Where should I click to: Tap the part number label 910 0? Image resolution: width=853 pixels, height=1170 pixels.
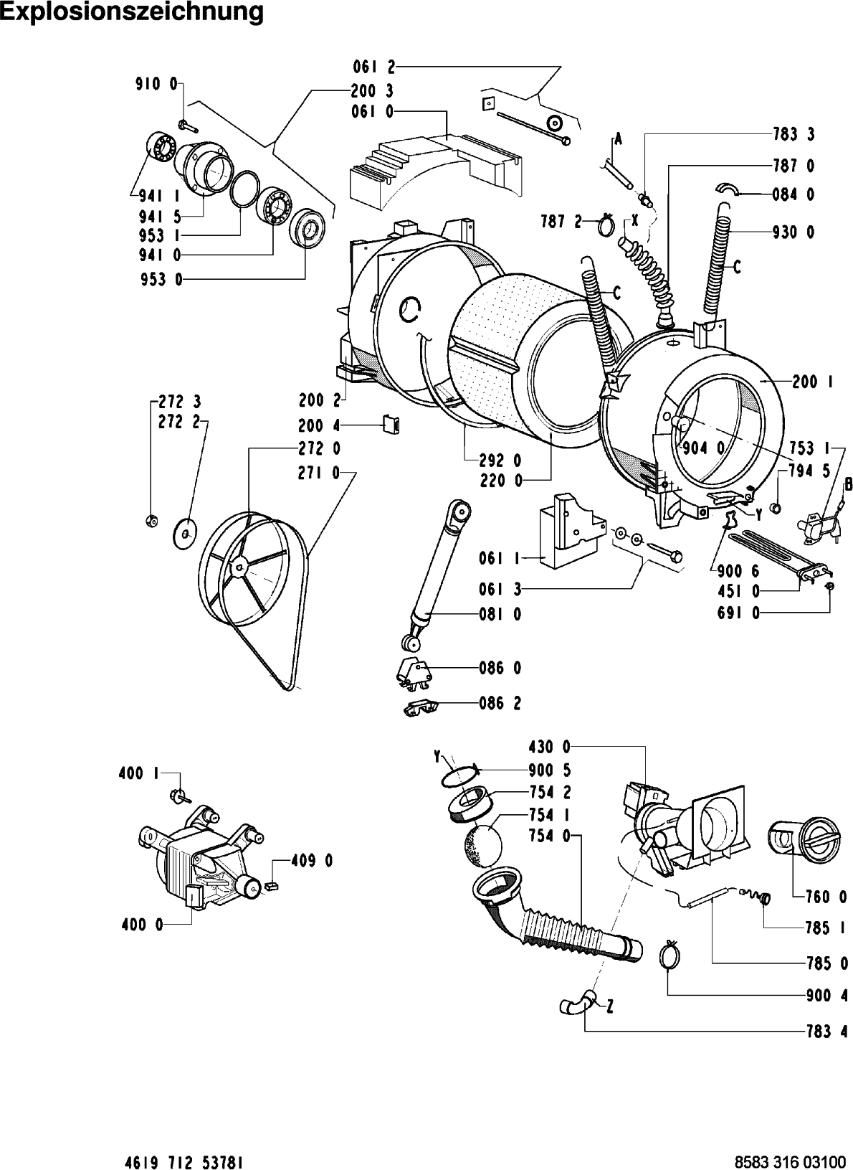[x=157, y=84]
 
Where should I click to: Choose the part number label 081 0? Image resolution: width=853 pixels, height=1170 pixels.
[x=500, y=614]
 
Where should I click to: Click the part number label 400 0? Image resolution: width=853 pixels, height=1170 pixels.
[x=140, y=925]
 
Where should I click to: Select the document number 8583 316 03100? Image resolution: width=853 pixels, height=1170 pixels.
[x=788, y=1159]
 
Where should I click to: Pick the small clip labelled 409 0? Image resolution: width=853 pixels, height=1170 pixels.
[x=271, y=886]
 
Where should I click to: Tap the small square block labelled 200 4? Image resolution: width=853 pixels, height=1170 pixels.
[x=391, y=425]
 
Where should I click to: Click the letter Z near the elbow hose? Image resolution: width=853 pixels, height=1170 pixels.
[x=609, y=1007]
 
